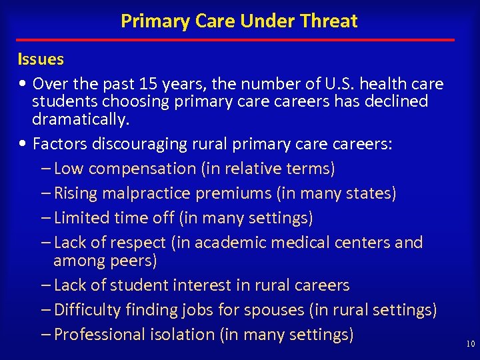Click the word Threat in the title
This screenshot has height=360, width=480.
pos(329,21)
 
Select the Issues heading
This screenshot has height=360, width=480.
pos(41,59)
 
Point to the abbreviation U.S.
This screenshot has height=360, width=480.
pos(341,84)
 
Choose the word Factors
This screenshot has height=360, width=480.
pos(60,144)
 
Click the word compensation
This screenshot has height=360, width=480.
pos(143,169)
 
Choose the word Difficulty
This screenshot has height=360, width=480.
pos(87,310)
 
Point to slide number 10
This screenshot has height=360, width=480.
pos(470,344)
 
